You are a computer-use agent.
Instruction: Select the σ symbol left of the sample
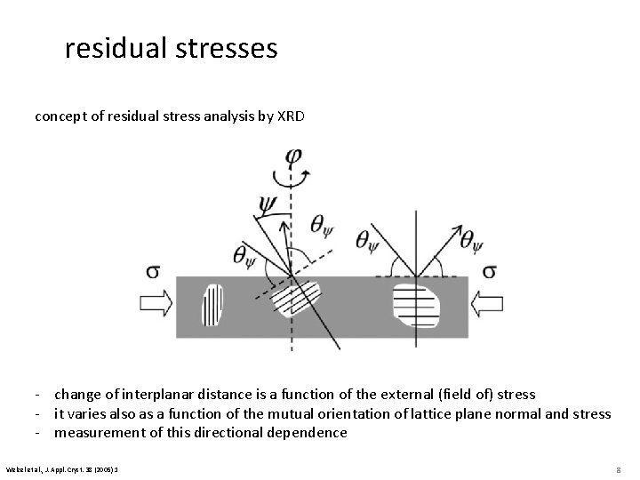[x=152, y=269]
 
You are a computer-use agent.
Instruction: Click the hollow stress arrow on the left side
[x=156, y=304]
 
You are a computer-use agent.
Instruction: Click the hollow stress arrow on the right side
[x=487, y=304]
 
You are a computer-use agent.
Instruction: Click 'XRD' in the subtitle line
[x=289, y=116]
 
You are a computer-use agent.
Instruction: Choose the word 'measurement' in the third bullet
[x=100, y=433]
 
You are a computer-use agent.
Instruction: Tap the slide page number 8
[x=616, y=467]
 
